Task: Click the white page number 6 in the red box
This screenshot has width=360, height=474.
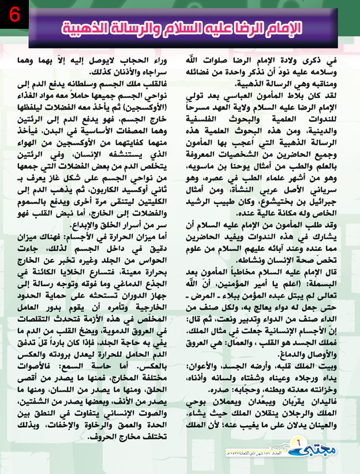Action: [13, 14]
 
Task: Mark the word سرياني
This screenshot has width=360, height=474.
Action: [331, 189]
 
